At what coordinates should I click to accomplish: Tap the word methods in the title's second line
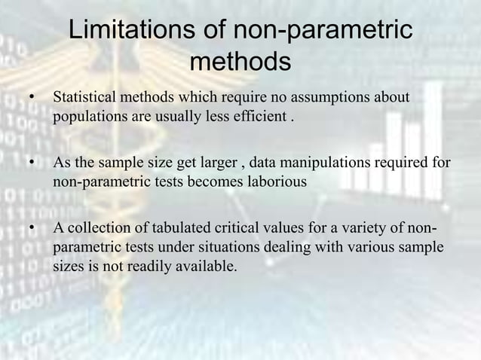(240, 62)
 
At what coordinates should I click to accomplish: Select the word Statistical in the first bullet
(84, 98)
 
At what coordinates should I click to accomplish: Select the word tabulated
(173, 228)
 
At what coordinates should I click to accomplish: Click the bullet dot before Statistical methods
(31, 99)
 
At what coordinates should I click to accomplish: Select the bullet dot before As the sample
(31, 163)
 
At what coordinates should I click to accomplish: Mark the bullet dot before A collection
(31, 229)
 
